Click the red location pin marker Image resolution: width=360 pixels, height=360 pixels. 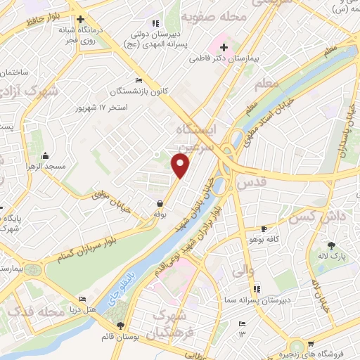coord(181,165)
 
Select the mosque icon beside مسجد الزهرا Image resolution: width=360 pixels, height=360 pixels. coord(46,155)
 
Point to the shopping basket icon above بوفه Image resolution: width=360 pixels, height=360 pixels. coord(161,204)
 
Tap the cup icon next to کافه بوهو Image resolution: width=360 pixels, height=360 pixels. coord(264,229)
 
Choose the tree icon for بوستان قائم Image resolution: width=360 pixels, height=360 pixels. coord(122,326)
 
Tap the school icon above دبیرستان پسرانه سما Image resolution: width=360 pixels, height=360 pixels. coord(256,288)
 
